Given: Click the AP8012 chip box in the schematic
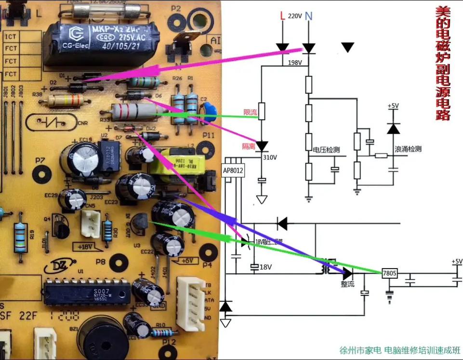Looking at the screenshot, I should (234, 170).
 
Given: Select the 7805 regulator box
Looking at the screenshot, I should (389, 273).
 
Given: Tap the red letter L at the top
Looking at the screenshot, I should (283, 16).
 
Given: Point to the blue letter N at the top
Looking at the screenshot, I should (308, 16).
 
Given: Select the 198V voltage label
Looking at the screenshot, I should (295, 63).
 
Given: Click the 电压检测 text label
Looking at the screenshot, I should (326, 150).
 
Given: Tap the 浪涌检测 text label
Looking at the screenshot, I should (408, 149).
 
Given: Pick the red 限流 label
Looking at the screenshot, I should (250, 112).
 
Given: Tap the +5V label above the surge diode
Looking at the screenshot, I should (394, 106).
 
